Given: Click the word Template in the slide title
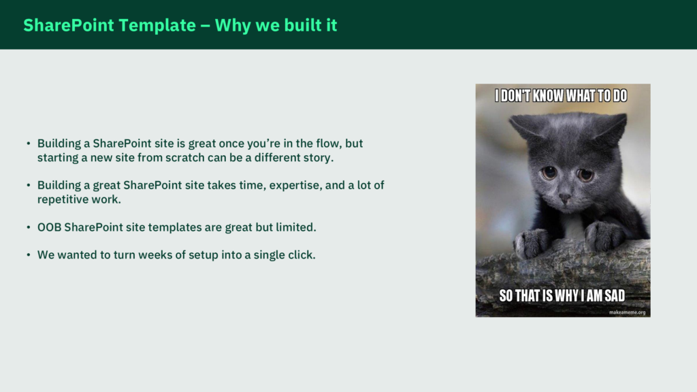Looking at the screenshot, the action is (x=157, y=26).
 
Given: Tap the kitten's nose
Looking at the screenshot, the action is (x=564, y=197).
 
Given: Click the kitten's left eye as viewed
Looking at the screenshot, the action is (x=549, y=172).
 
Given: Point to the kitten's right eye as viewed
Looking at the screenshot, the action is (x=585, y=175).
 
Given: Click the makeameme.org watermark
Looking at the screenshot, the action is (x=627, y=312).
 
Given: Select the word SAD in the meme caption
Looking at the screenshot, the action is (x=615, y=295).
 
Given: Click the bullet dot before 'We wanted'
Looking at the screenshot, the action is (x=29, y=255).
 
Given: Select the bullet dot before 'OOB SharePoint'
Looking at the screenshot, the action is (x=29, y=227).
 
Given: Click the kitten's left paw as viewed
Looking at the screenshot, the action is (x=531, y=242).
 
